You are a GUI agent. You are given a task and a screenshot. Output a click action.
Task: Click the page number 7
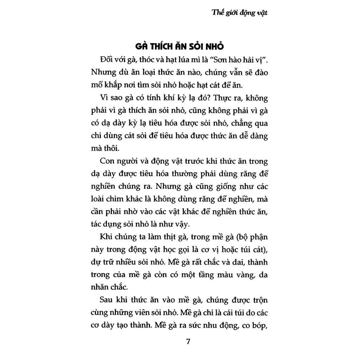click(188, 342)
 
